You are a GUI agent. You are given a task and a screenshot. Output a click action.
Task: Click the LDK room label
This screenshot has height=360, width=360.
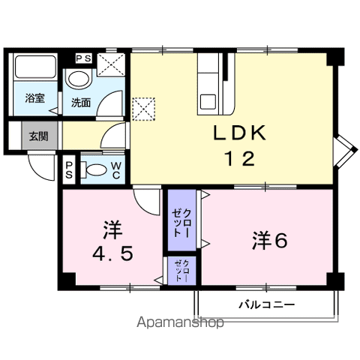(239, 133)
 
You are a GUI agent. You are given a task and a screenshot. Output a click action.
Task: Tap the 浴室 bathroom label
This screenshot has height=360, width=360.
(34, 98)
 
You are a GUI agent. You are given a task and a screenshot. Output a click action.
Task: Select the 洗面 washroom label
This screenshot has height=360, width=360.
(81, 103)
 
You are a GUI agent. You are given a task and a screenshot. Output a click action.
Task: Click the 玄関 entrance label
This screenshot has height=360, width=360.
(38, 136)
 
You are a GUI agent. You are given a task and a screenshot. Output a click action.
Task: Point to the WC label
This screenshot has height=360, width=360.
(115, 170)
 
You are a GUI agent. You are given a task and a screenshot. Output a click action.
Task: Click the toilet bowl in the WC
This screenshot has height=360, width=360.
(93, 170)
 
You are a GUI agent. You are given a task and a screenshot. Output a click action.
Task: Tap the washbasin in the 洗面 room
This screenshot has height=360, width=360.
(79, 79)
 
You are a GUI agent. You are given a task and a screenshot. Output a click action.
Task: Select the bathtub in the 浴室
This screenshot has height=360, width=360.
(35, 67)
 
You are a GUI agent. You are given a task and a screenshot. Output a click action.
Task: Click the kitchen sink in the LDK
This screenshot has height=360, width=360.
(208, 102)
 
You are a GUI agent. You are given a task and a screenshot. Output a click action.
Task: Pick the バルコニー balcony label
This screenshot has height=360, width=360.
(267, 304)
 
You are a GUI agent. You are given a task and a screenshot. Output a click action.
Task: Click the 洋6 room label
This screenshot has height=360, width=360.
(270, 241)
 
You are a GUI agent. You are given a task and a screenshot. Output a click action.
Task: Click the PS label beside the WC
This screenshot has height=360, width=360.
(69, 170)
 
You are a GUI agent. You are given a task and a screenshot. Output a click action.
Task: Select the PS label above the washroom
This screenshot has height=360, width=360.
(84, 58)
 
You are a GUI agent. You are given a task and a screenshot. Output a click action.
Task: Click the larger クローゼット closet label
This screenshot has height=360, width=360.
(181, 223)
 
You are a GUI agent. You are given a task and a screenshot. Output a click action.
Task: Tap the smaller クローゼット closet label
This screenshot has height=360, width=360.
(182, 271)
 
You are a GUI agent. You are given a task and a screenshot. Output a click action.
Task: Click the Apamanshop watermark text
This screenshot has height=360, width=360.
(180, 322)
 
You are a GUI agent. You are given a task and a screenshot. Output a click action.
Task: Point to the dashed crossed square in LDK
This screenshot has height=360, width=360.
(143, 109)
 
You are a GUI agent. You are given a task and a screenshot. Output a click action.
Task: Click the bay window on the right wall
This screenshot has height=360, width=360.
(344, 151)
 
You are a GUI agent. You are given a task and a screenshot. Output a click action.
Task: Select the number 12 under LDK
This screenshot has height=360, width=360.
(240, 158)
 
